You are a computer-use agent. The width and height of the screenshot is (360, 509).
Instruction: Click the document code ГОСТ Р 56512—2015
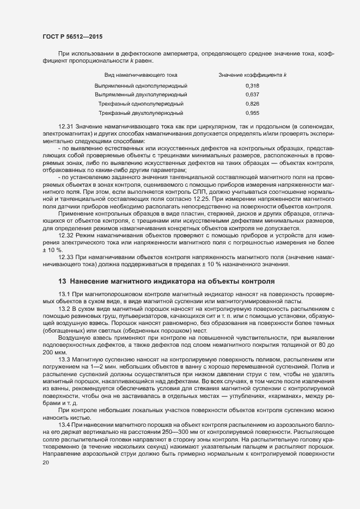pos(72,36)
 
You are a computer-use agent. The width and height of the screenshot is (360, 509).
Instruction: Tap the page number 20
pos(45,462)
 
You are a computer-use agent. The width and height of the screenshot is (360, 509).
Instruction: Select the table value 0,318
pos(252,86)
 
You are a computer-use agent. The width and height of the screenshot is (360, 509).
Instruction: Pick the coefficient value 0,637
pos(252,95)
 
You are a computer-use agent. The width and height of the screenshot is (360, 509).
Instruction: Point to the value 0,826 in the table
pos(252,103)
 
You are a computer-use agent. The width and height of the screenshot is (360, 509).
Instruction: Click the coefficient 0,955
pos(252,113)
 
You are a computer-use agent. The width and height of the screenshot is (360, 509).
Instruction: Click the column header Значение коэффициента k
pos(253,75)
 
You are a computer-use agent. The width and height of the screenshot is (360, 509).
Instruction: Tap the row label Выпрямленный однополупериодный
pos(141,86)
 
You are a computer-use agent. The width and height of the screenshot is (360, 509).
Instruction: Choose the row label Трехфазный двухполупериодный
pos(141,113)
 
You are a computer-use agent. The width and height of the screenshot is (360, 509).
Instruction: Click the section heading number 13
pos(62,281)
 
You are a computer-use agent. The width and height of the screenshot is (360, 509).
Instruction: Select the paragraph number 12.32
pos(66,235)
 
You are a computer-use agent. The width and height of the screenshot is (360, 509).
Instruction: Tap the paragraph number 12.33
pos(66,256)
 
